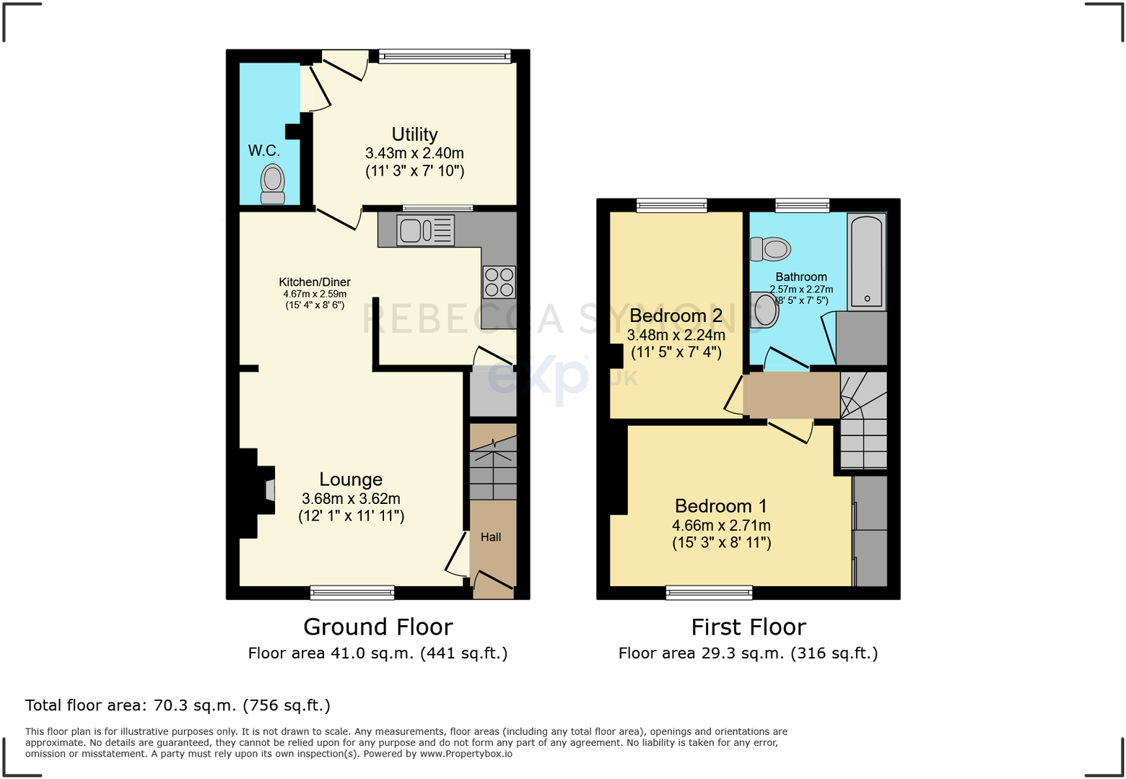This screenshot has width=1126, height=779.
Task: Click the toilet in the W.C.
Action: [x=272, y=184]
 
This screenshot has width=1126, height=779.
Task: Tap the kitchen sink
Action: [x=425, y=230]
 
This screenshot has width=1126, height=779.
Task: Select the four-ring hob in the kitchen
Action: [x=499, y=282]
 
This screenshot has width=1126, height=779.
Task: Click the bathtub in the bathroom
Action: [x=867, y=261]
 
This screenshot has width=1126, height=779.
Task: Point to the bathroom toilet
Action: [x=770, y=249]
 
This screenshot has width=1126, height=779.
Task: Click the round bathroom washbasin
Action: [x=764, y=310]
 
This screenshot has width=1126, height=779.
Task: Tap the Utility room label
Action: [x=414, y=134]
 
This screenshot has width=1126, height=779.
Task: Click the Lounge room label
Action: [x=351, y=479]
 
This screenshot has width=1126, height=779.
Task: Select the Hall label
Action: [x=491, y=537]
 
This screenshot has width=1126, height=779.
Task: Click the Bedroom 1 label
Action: [x=721, y=505]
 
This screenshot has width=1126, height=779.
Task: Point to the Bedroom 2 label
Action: [x=676, y=315]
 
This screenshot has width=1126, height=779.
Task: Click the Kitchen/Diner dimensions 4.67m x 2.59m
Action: [x=315, y=294]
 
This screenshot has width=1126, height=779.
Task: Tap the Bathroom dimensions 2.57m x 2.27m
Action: [x=801, y=290]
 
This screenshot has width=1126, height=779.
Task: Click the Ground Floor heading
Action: [x=378, y=627]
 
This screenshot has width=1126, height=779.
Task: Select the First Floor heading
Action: [x=749, y=627]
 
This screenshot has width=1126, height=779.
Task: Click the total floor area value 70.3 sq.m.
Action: [x=195, y=705]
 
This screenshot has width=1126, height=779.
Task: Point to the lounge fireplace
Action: [x=258, y=493]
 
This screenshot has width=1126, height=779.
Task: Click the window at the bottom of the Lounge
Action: [x=352, y=593]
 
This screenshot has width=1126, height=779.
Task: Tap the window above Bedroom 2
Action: [x=671, y=205]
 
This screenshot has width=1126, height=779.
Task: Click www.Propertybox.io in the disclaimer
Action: [x=466, y=754]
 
